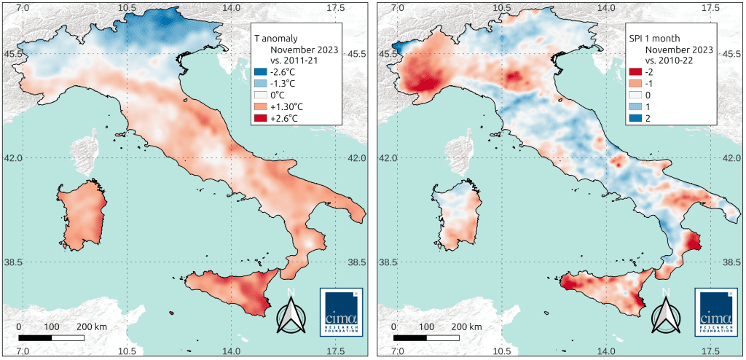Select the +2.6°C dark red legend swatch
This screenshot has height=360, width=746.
tap(259, 118)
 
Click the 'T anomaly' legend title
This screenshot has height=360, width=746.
tap(275, 37)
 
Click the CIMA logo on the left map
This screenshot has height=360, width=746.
tap(341, 312)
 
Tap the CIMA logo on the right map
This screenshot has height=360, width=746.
tap(715, 312)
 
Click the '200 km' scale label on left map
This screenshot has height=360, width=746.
tap(93, 326)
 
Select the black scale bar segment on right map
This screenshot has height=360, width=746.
tap(409, 337)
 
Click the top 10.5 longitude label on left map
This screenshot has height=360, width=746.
tap(127, 7)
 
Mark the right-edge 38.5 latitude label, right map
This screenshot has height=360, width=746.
tap(729, 262)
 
